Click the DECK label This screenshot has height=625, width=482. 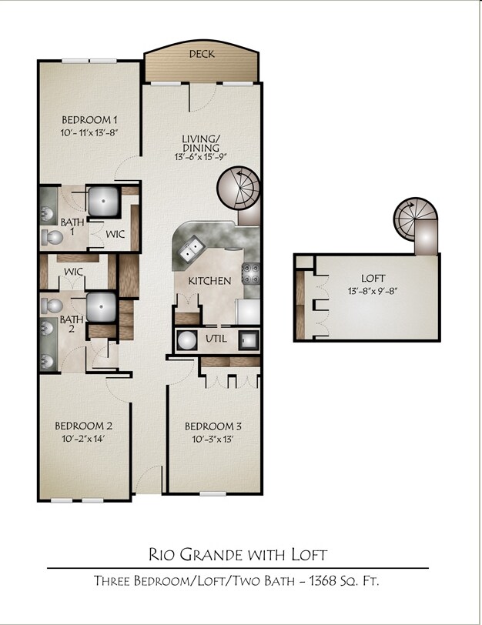click(202, 54)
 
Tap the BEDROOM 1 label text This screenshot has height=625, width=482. click(89, 120)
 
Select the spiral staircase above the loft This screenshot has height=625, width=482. click(416, 218)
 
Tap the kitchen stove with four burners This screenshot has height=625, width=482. click(252, 275)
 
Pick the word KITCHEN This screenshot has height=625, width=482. click(209, 281)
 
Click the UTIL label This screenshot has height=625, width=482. click(215, 339)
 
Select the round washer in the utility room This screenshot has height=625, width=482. click(186, 339)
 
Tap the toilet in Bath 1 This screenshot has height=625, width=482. click(48, 239)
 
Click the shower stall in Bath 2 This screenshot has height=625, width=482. click(102, 307)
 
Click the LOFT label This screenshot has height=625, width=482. click(373, 278)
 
